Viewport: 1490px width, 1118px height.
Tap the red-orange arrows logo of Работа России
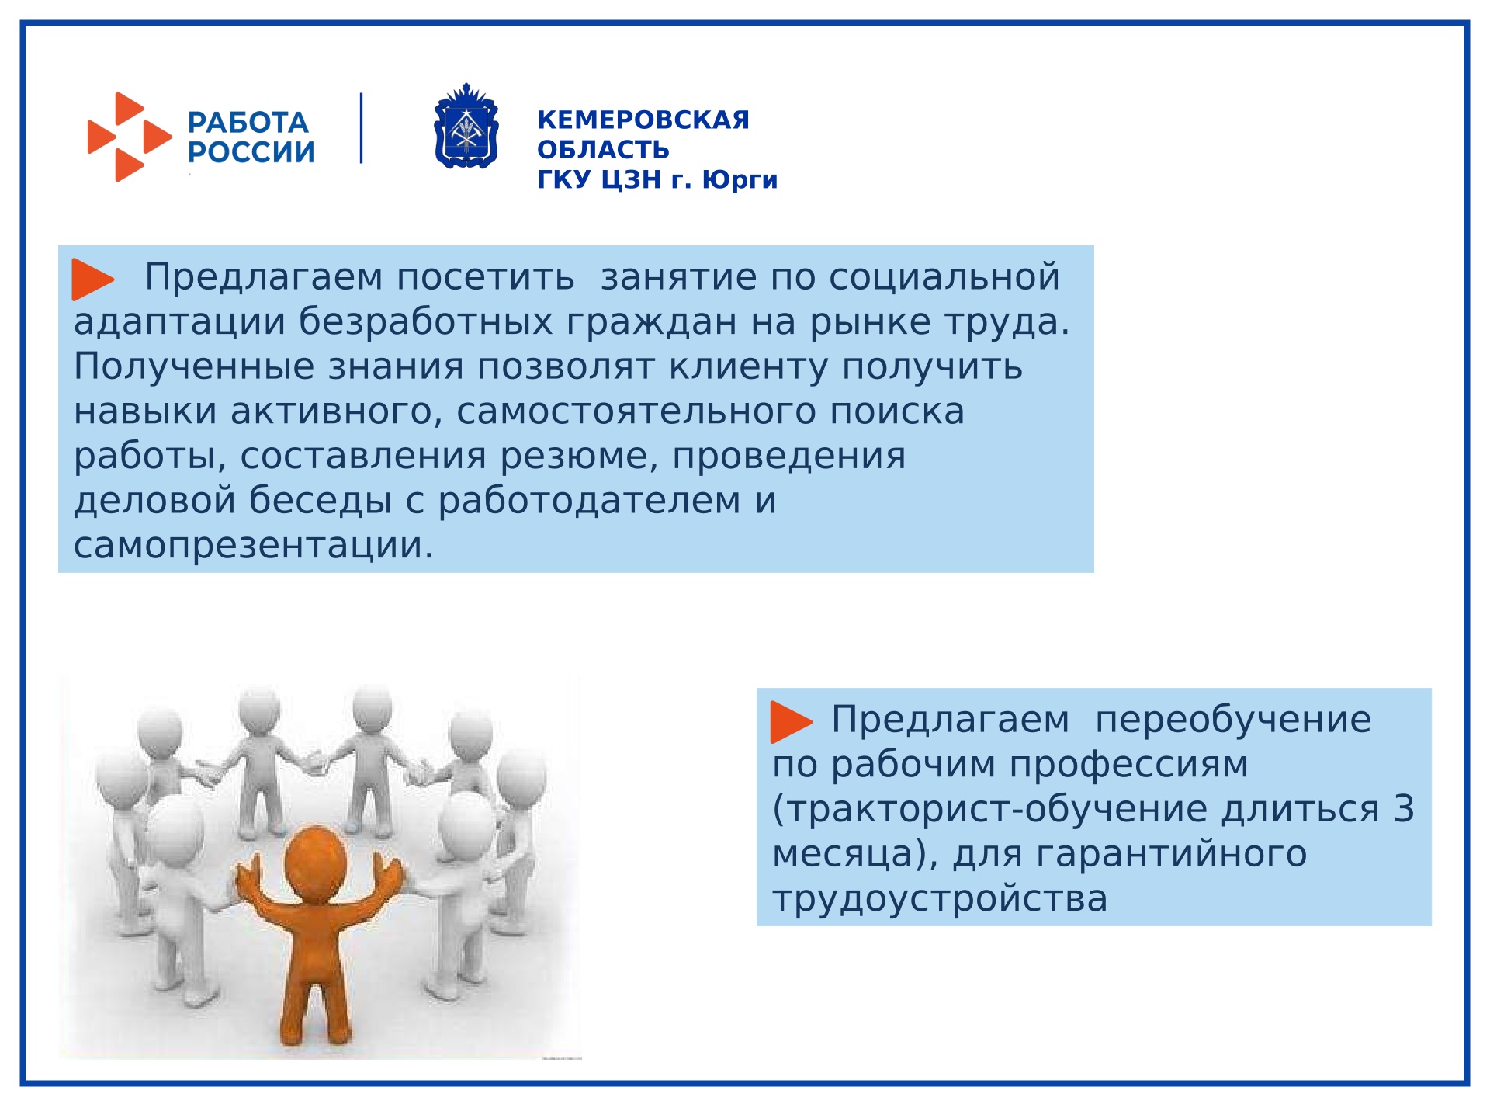(x=129, y=137)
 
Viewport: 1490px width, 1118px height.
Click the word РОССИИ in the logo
(x=251, y=152)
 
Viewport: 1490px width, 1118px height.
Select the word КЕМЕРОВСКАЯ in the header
(x=643, y=120)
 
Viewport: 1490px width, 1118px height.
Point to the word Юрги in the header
(x=740, y=179)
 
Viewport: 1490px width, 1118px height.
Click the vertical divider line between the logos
(x=361, y=128)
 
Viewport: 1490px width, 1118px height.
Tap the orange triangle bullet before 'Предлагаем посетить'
(x=92, y=279)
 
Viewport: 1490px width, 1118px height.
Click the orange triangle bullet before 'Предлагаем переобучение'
(x=790, y=721)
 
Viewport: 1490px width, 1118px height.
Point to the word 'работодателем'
(x=589, y=500)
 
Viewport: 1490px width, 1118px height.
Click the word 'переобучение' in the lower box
(x=1232, y=720)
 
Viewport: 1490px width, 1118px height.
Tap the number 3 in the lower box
(x=1404, y=809)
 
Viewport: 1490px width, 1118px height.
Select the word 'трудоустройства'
(x=940, y=898)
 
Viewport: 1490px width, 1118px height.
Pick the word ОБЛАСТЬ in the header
(x=603, y=149)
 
